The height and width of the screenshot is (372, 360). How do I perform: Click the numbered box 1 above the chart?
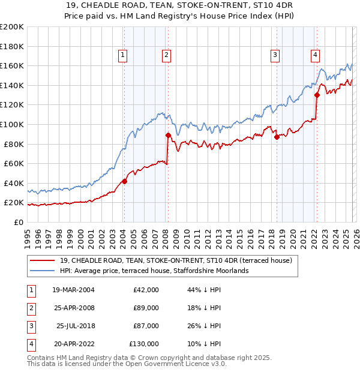(x=123, y=56)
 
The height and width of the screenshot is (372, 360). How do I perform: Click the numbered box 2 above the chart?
(x=166, y=56)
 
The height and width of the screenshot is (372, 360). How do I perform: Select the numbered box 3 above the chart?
(x=275, y=56)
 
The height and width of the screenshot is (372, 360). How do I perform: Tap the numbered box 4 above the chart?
(x=315, y=56)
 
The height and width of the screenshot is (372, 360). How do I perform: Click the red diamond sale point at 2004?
(x=124, y=181)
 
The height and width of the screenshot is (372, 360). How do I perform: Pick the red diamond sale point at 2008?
(x=168, y=135)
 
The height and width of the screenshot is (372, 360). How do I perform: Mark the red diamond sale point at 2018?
(x=277, y=137)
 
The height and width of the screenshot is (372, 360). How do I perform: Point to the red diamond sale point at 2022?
(x=317, y=95)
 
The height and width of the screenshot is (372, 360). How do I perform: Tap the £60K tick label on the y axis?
(x=13, y=163)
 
